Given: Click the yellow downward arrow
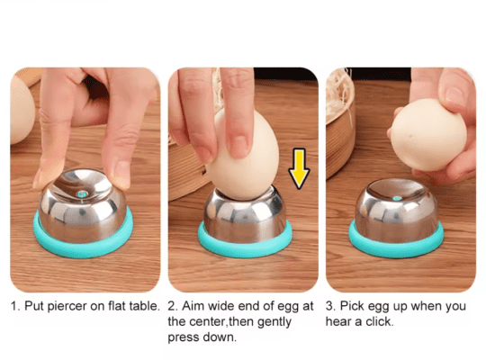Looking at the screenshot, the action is click(299, 168).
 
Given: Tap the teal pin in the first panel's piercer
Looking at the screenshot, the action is click(82, 194).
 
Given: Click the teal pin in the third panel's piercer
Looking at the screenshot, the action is click(397, 198).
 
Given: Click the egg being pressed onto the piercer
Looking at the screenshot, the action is click(243, 155).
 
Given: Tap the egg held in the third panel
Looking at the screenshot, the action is click(428, 135).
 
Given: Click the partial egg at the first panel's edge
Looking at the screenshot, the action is click(22, 110).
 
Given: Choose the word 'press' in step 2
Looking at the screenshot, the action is click(183, 338).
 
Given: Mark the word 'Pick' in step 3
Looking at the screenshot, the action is click(352, 306).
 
